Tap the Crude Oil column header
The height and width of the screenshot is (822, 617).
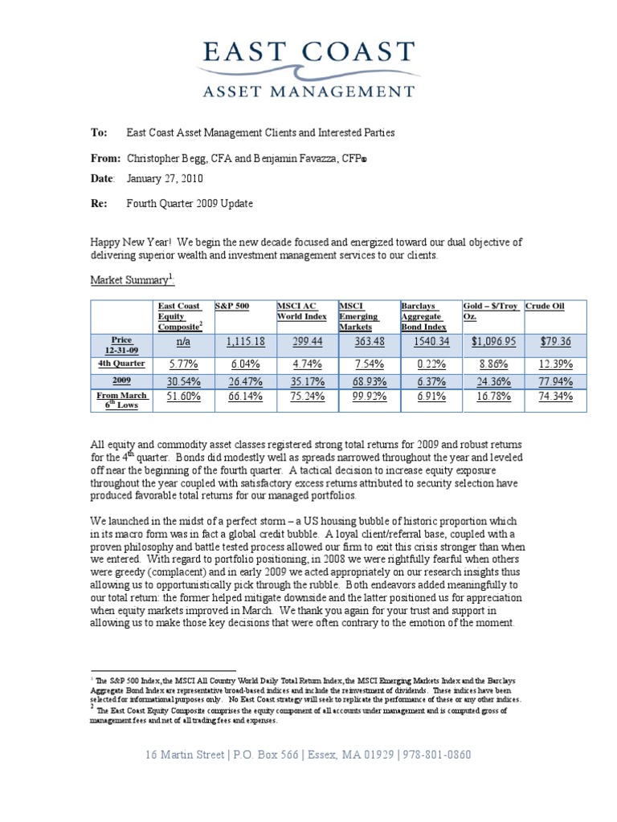coord(545,306)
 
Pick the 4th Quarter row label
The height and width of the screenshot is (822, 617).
coord(123,363)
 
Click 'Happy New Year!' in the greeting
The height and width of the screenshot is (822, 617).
coord(129,242)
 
